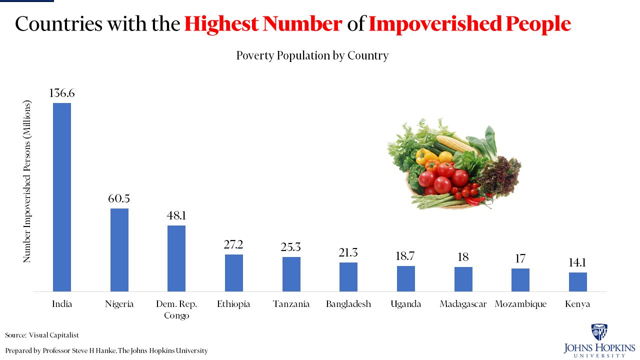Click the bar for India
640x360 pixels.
click(62, 197)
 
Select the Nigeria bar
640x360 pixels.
click(119, 249)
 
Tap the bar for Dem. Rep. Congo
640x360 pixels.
click(176, 258)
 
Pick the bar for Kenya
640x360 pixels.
click(578, 281)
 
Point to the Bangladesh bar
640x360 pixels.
click(348, 276)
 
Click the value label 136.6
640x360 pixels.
click(62, 93)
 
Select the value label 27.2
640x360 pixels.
click(233, 244)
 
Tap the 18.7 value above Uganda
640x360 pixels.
click(406, 256)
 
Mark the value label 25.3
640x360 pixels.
click(291, 247)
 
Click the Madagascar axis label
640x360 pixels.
click(463, 304)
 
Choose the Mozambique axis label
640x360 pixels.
click(520, 304)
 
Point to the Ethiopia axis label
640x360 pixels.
click(233, 304)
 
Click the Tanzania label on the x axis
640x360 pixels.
click(291, 304)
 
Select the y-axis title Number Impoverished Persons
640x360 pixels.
click(27, 181)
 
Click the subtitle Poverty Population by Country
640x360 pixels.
click(312, 55)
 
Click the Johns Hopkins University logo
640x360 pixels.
click(599, 340)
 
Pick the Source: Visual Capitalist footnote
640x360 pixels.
click(42, 335)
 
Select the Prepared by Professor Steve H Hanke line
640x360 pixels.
click(106, 350)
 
